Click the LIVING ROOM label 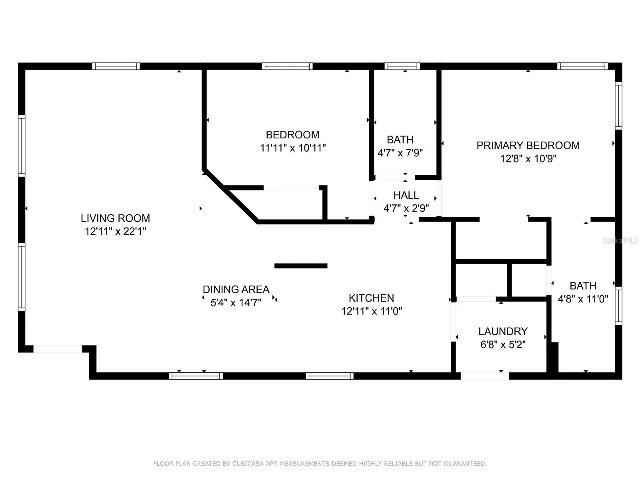coord(115,218)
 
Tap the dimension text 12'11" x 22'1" coord(115,232)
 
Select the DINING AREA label coord(236,289)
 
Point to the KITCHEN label coord(371,298)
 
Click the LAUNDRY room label coord(503,331)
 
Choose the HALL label coord(406,195)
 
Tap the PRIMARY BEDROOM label coord(528,146)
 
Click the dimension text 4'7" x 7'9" coord(400,153)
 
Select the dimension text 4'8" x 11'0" coord(583,299)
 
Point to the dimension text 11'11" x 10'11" coord(293,148)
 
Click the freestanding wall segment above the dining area coord(301,266)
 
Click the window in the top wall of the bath coord(402,66)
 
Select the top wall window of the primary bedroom coord(582,66)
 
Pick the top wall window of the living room coord(116,66)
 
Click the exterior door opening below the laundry coord(484,376)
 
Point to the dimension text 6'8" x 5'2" coord(503,345)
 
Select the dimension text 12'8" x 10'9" coord(528,159)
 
